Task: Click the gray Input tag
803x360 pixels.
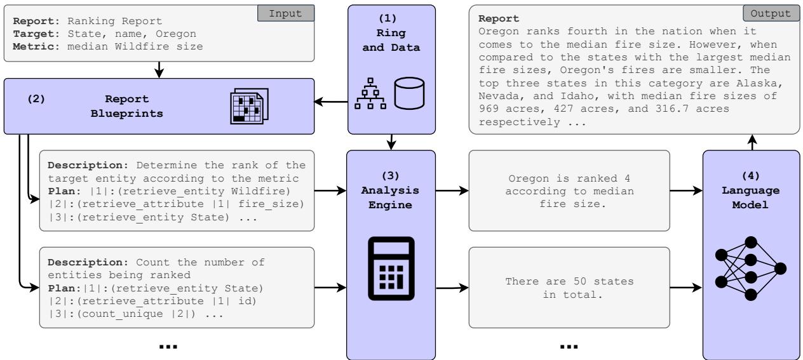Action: tap(285, 12)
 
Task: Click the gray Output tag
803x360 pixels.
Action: tap(770, 12)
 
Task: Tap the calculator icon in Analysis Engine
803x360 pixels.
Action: tap(391, 268)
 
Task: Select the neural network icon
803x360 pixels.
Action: tap(752, 267)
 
